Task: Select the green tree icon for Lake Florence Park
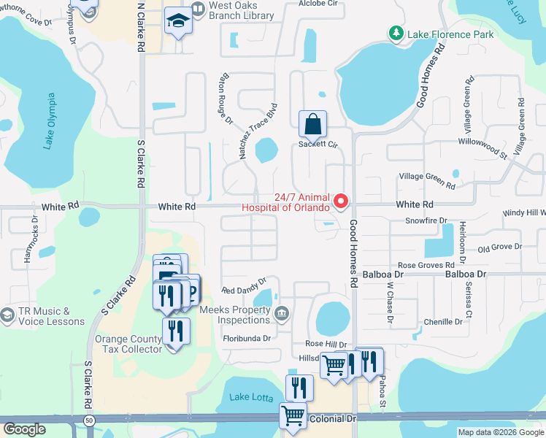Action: tap(396, 33)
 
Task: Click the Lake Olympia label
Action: tap(50, 120)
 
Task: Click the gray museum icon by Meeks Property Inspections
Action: tap(282, 314)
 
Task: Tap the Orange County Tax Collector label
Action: tap(128, 344)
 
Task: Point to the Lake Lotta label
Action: tap(251, 398)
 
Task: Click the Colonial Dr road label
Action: tap(331, 419)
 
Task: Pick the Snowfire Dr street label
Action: tap(426, 220)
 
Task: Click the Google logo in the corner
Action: tap(24, 429)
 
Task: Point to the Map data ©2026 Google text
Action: tap(500, 432)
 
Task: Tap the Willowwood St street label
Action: tap(482, 145)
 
